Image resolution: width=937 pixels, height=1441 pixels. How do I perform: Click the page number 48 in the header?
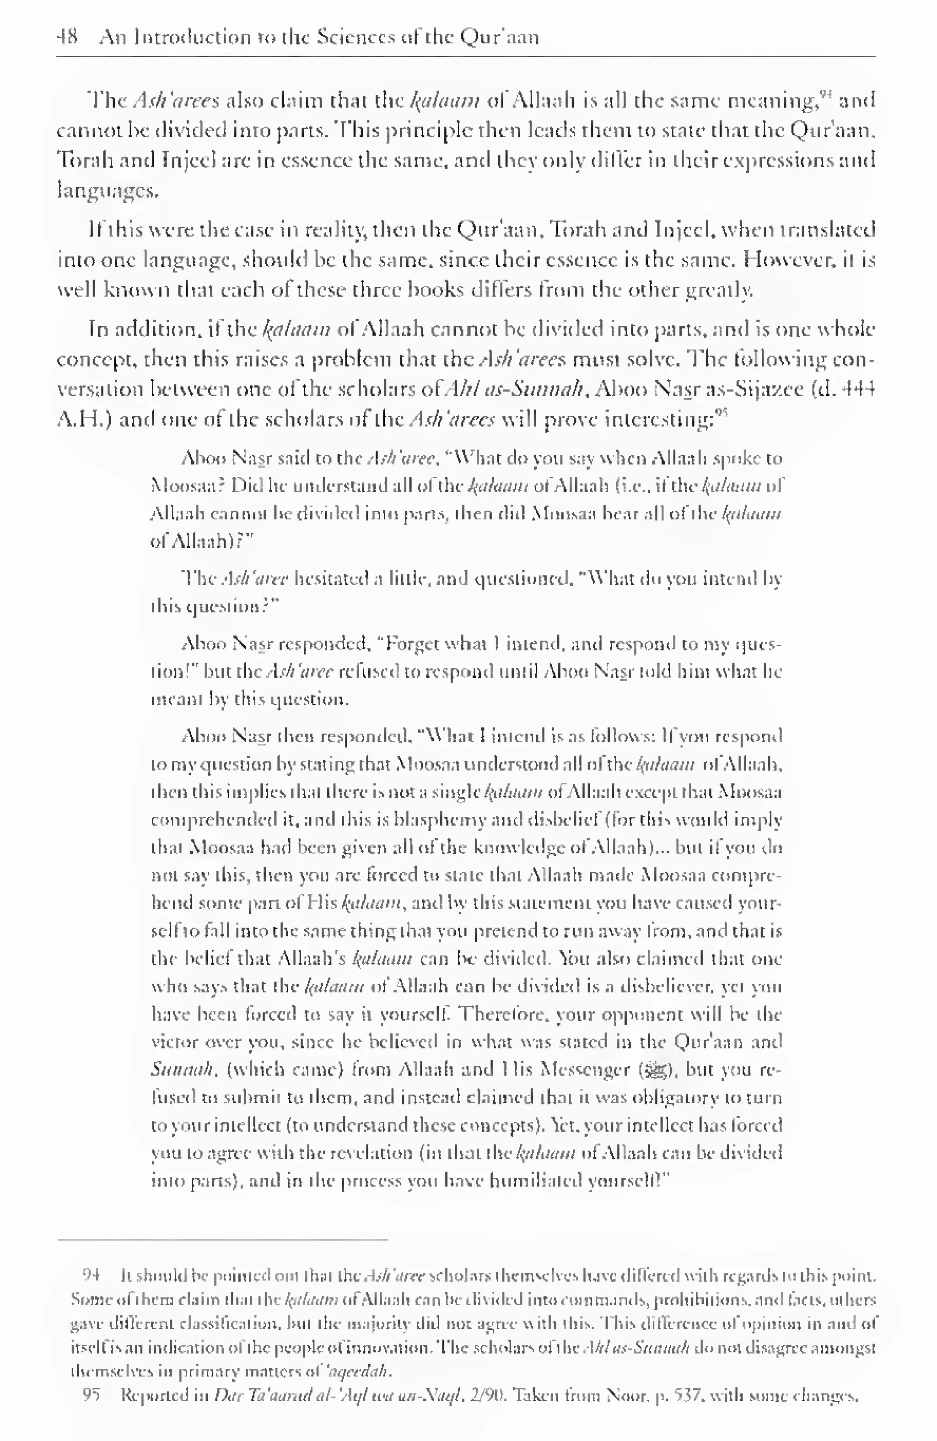click(x=67, y=38)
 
